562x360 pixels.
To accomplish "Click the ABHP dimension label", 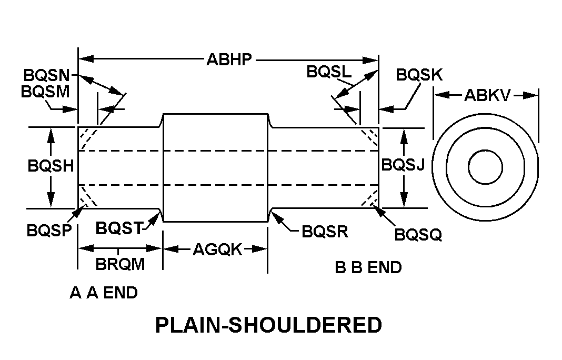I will [x=229, y=59].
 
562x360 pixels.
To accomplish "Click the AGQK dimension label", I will [x=217, y=249].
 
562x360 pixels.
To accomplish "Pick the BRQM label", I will [x=120, y=264].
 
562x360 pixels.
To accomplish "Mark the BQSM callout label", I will [x=45, y=92].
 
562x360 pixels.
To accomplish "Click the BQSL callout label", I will [x=329, y=72].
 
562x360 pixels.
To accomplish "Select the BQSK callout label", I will [x=419, y=75].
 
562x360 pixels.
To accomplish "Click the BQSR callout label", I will [x=325, y=232].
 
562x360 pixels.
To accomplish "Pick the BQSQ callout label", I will [x=418, y=234].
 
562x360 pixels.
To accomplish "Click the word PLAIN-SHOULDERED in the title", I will [x=268, y=325].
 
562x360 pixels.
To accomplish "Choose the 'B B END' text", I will [x=368, y=267].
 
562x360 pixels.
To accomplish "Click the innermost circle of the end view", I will [x=485, y=167].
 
